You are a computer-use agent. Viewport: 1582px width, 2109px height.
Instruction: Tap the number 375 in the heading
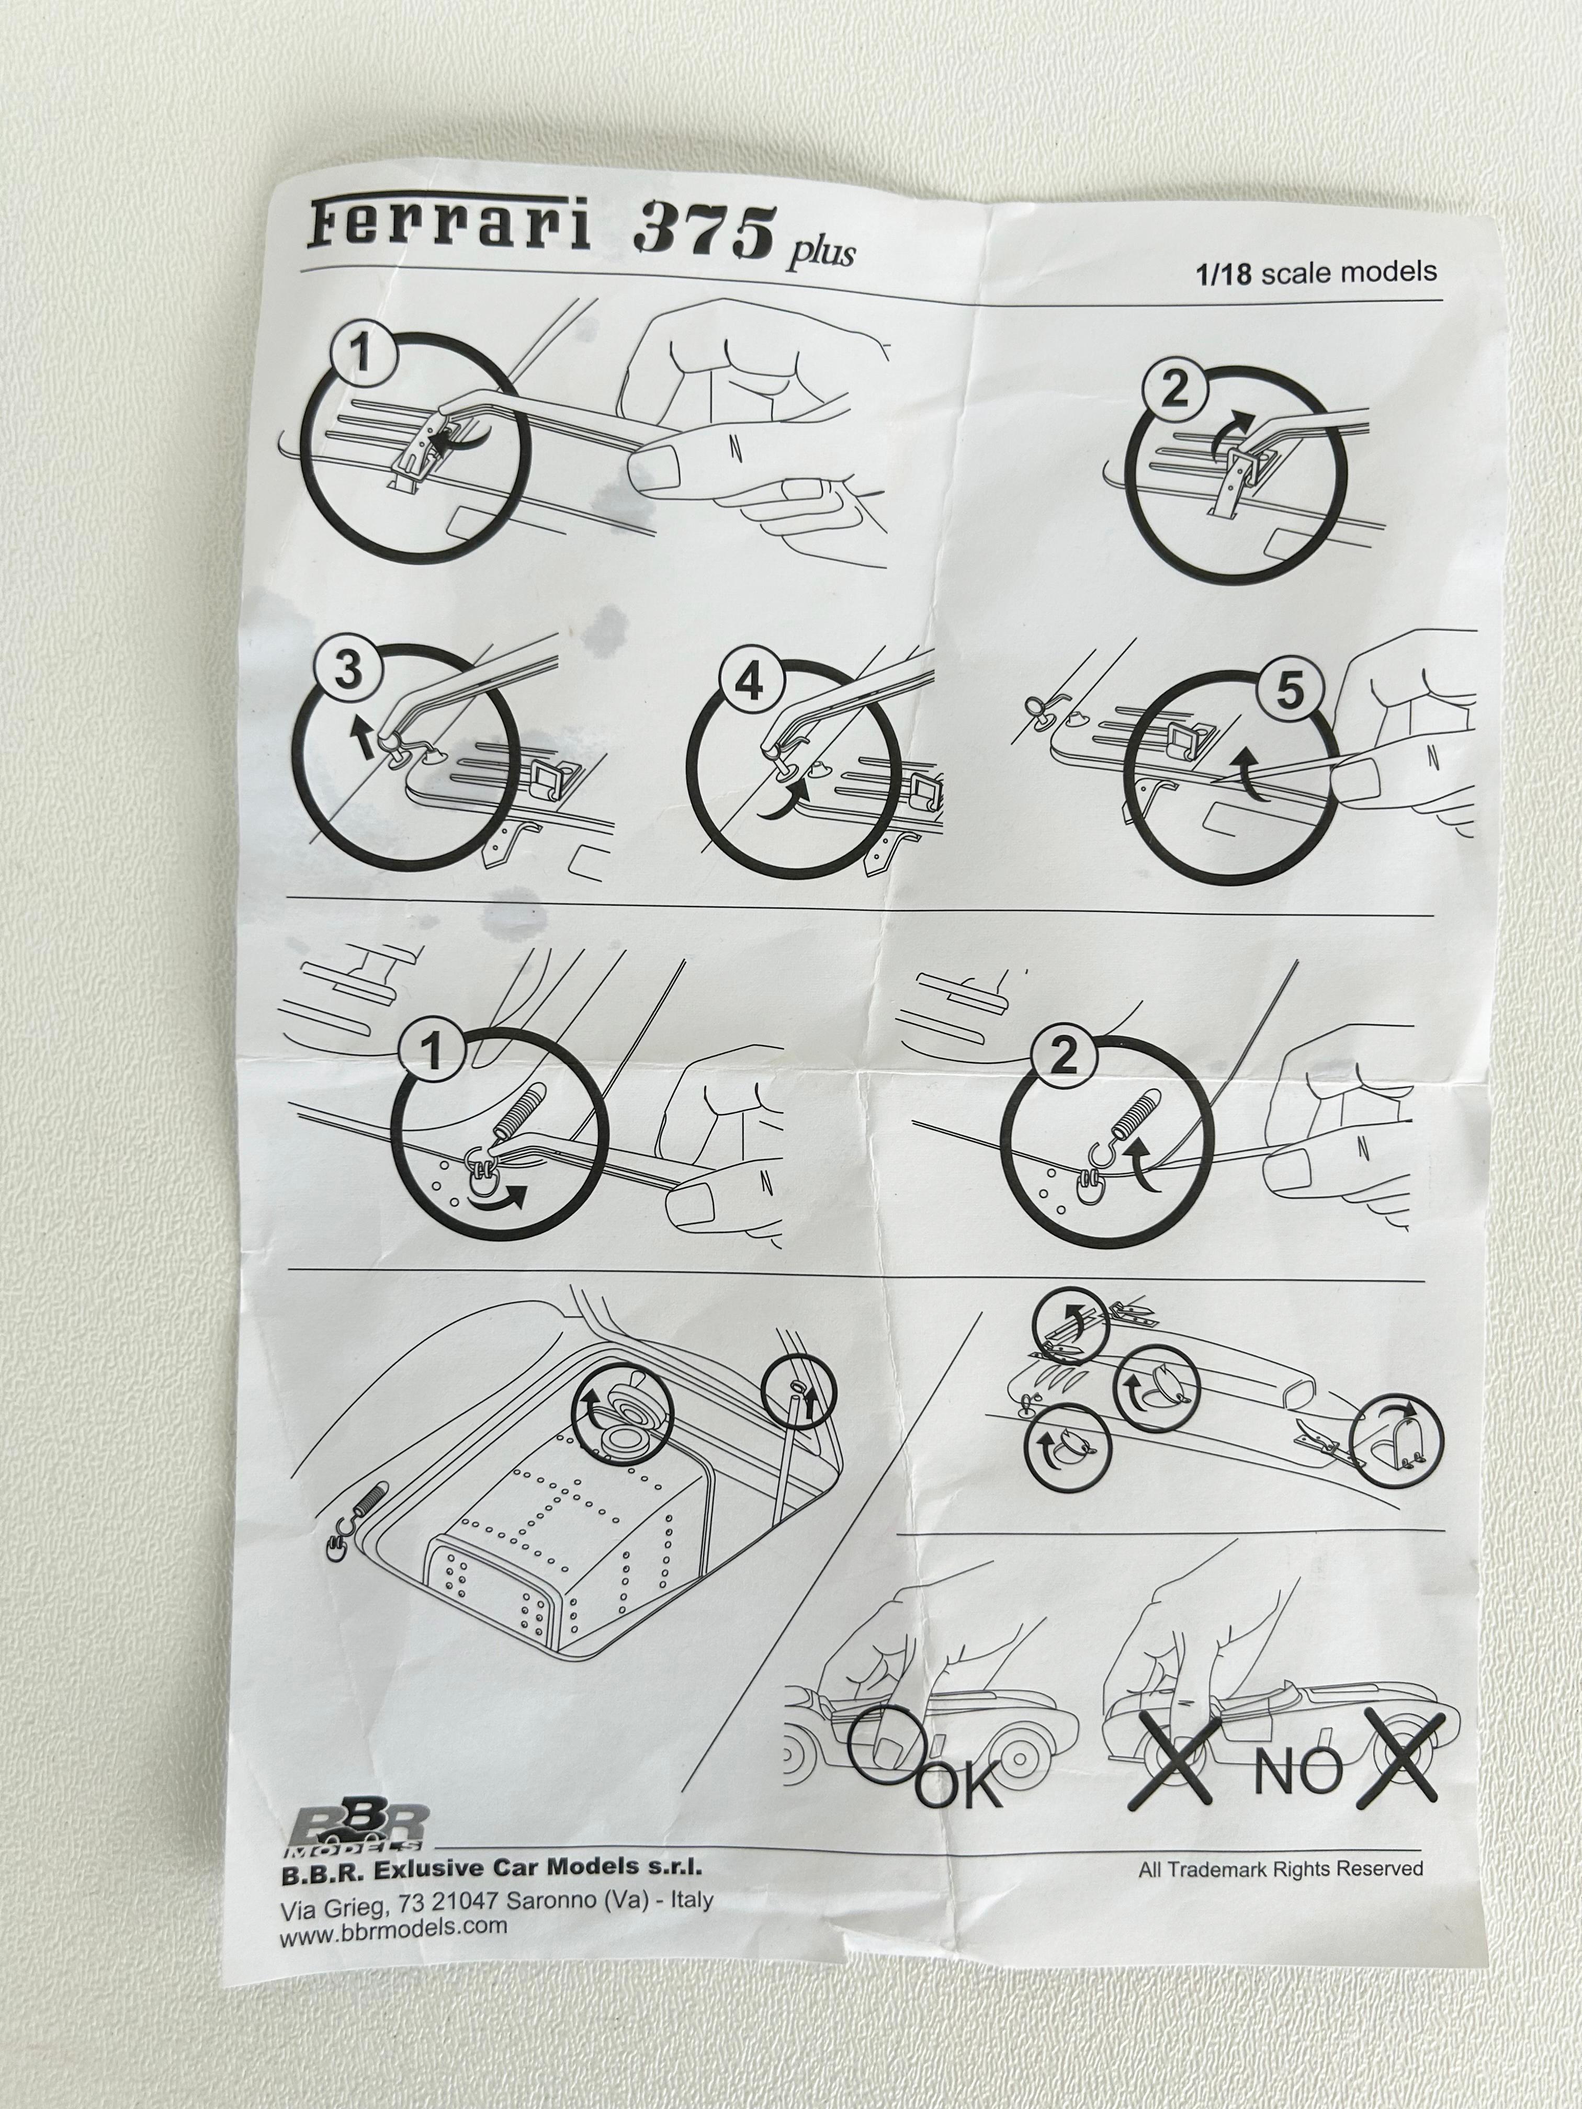[x=704, y=232]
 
